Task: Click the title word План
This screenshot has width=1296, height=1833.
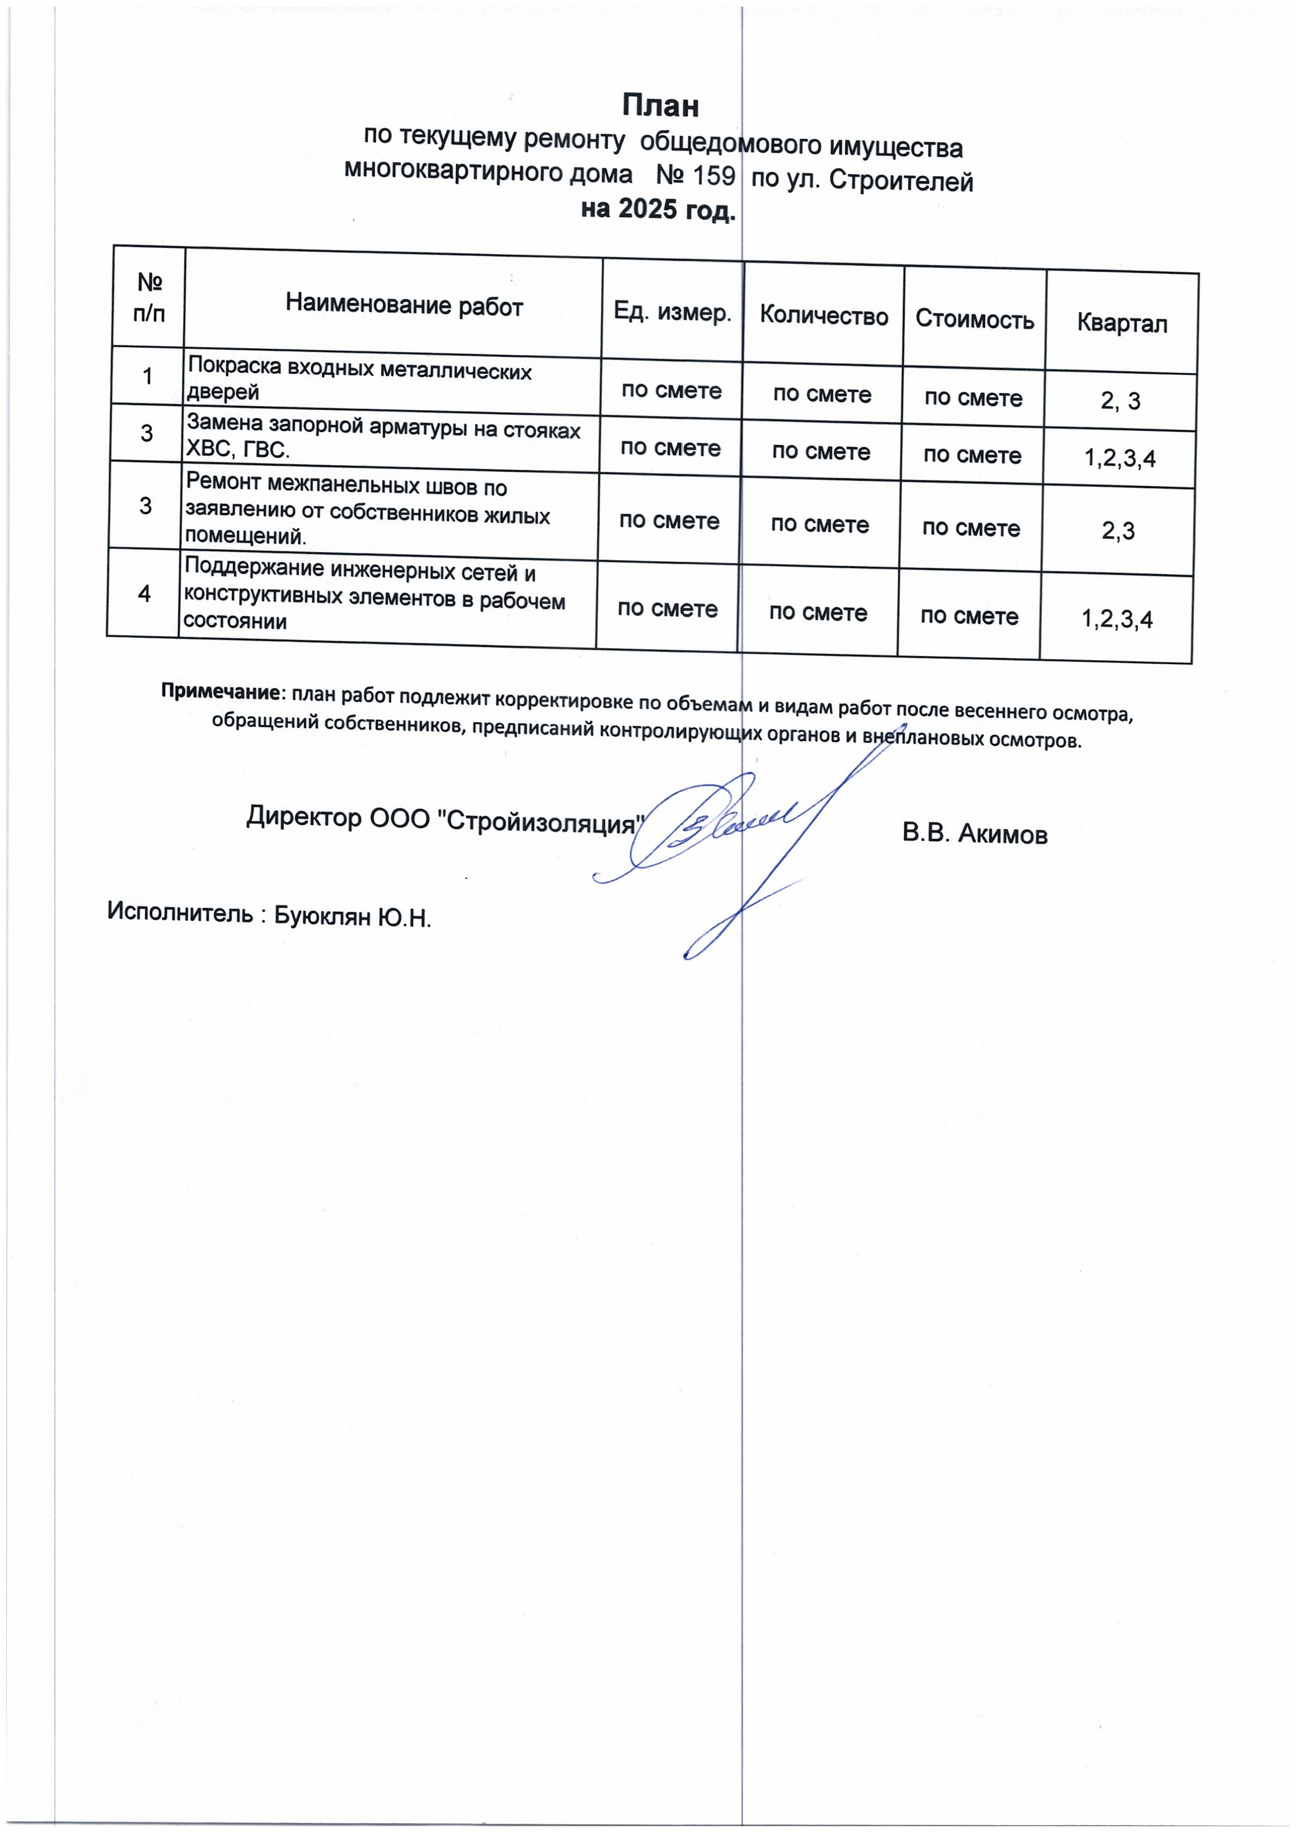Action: (x=661, y=106)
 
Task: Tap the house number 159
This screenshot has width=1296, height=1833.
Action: (x=713, y=176)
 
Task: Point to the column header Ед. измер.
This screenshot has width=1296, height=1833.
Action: (x=673, y=311)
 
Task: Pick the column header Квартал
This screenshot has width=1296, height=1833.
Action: (x=1122, y=323)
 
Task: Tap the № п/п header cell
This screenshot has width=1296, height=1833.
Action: (x=149, y=297)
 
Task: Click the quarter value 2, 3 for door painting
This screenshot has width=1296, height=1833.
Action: (x=1120, y=401)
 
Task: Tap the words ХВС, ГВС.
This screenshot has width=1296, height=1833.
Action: (x=237, y=449)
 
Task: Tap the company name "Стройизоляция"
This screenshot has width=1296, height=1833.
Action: (x=543, y=821)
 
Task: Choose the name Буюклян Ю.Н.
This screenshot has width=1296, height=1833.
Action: (x=352, y=916)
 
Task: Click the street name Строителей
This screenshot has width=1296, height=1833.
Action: (x=901, y=181)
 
